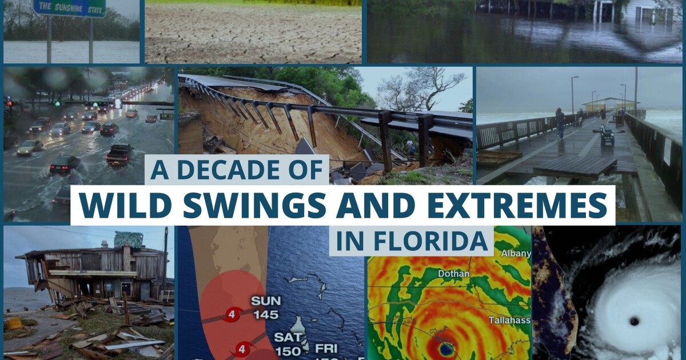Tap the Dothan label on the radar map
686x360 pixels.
click(453, 274)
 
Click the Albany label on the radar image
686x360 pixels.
click(516, 253)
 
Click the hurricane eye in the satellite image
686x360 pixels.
click(633, 321)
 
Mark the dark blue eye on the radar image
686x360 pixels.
click(445, 348)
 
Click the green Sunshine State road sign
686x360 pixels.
click(69, 7)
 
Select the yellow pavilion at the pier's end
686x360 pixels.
click(609, 105)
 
